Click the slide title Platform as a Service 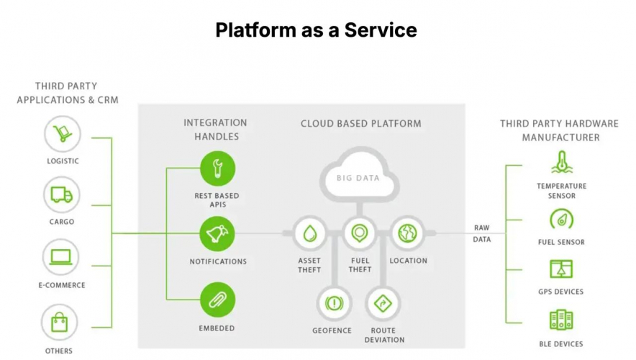point(316,30)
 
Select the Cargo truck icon point(62,194)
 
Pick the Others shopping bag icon point(60,322)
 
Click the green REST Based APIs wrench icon point(217,169)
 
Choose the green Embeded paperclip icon point(217,300)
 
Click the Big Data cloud point(358,174)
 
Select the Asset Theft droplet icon point(309,233)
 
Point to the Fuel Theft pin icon point(359,233)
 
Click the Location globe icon point(408,233)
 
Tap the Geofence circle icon point(332,303)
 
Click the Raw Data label point(481,233)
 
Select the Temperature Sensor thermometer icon point(561,163)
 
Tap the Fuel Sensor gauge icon point(561,219)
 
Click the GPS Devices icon point(561,269)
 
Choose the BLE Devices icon point(561,320)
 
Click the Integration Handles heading point(215,130)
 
